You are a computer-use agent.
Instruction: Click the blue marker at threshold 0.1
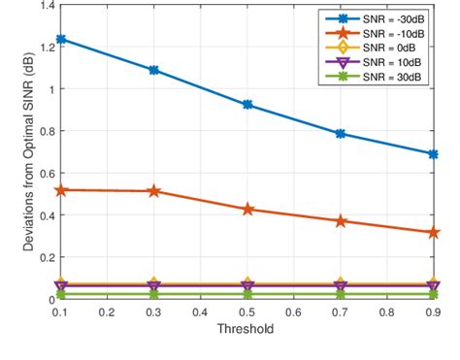coord(60,40)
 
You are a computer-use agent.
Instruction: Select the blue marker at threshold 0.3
coord(154,71)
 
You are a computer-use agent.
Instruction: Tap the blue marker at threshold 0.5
coord(248,105)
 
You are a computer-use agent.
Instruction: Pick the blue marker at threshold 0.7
coord(341,134)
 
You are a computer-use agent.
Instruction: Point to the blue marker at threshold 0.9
coord(434,154)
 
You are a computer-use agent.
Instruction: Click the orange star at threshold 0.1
coord(60,190)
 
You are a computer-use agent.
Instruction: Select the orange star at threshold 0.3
coord(154,191)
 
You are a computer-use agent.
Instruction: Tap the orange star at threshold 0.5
coord(248,210)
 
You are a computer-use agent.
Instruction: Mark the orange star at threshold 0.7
coord(341,221)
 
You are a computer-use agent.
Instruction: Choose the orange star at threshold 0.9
coord(434,233)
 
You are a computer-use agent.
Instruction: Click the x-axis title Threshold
coord(246,329)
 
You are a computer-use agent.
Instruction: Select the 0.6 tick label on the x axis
coord(294,312)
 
